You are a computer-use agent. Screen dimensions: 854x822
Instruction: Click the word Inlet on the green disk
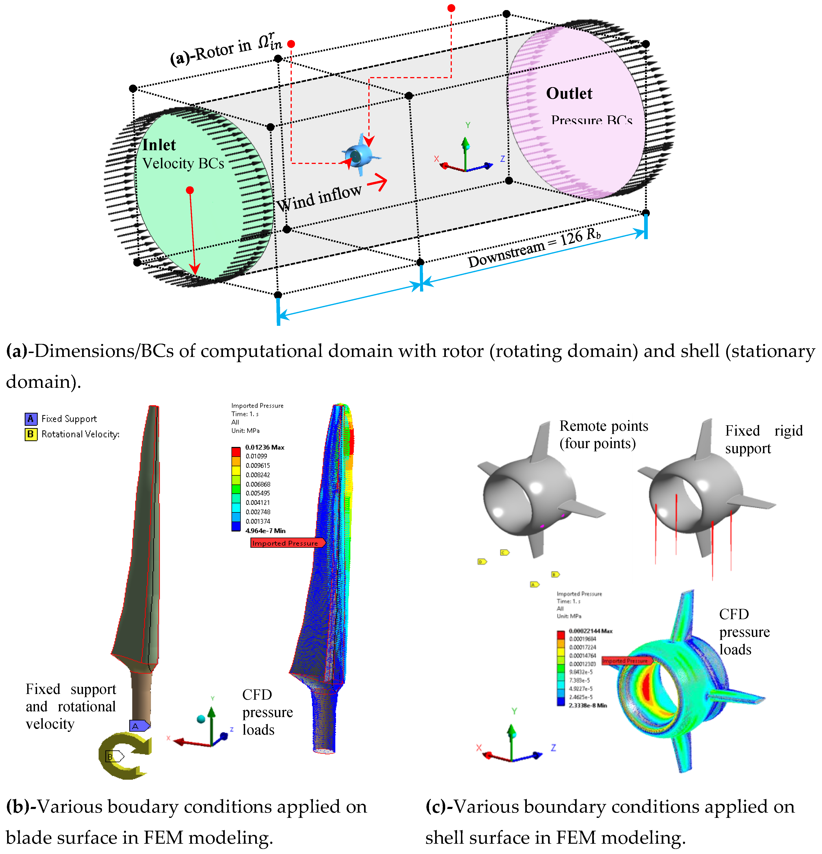[x=159, y=145]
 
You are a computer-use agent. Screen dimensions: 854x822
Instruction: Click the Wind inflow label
[x=319, y=198]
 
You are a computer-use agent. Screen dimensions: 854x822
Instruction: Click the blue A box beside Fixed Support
[x=30, y=419]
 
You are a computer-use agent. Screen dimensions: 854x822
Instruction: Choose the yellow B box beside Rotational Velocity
[x=30, y=434]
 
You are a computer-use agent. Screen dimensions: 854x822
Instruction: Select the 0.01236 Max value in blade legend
[x=264, y=447]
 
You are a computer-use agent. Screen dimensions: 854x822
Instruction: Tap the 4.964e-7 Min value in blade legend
[x=265, y=531]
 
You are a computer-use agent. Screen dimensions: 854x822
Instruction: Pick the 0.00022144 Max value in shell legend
[x=590, y=631]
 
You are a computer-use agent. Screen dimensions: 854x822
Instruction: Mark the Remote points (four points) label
[x=603, y=434]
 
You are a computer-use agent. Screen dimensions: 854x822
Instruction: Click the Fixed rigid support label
[x=763, y=439]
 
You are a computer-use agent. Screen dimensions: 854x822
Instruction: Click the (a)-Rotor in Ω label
[x=226, y=50]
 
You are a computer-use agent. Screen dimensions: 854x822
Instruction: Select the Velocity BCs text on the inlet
[x=183, y=163]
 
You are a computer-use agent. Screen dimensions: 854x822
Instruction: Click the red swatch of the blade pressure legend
[x=236, y=451]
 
